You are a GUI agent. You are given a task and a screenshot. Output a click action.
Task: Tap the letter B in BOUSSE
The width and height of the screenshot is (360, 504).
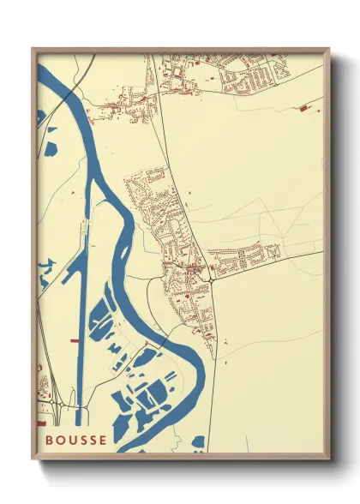pyautogui.click(x=50, y=441)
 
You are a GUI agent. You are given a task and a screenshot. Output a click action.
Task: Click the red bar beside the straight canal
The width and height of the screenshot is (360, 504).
pyautogui.click(x=74, y=340)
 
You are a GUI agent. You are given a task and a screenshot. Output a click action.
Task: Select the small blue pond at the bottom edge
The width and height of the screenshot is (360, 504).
pyautogui.click(x=199, y=442)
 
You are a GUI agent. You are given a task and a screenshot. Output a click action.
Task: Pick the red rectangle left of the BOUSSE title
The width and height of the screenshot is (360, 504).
pyautogui.click(x=39, y=423)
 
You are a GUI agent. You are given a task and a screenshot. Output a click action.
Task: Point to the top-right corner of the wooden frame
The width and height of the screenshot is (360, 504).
pyautogui.click(x=328, y=49)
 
